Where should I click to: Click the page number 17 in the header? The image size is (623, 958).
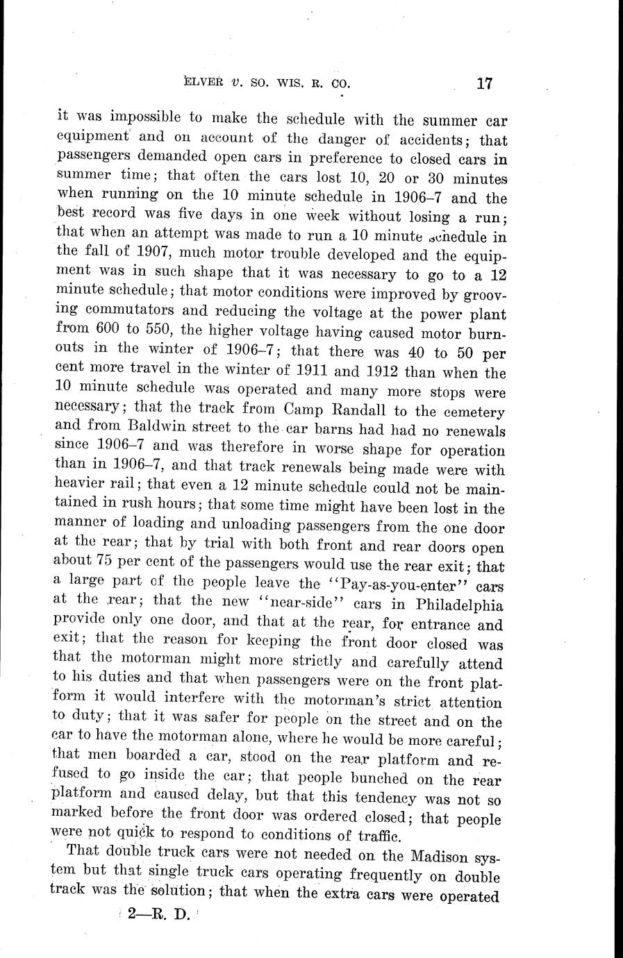pos(484,84)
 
